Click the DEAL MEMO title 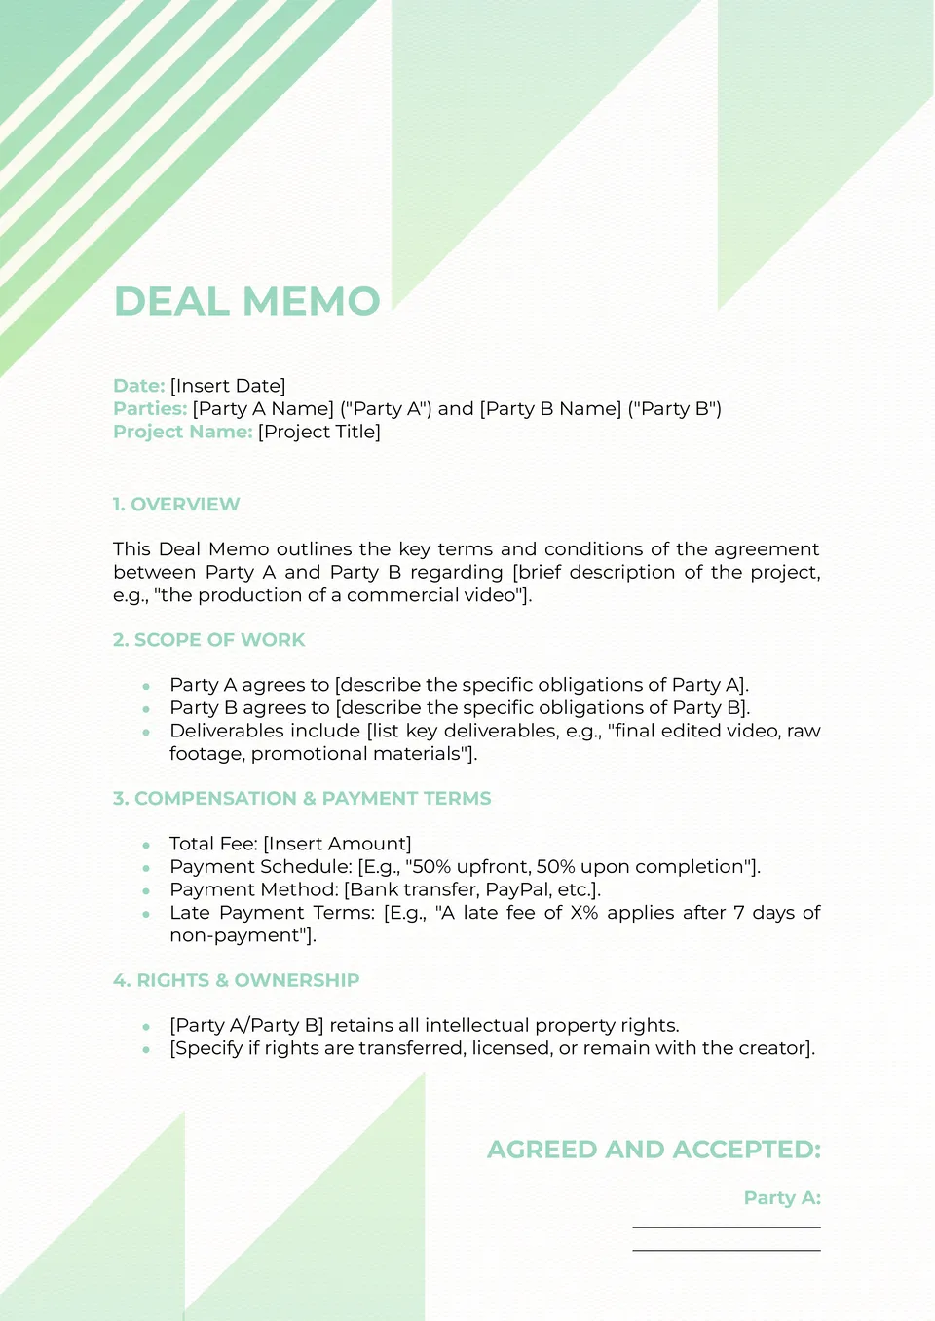pyautogui.click(x=247, y=301)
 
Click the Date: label pyautogui.click(x=138, y=386)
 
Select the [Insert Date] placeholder pyautogui.click(x=228, y=386)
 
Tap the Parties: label pyautogui.click(x=150, y=409)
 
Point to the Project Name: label pyautogui.click(x=183, y=432)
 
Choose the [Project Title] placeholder pyautogui.click(x=319, y=432)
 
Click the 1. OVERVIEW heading pyautogui.click(x=176, y=505)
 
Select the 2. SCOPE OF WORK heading pyautogui.click(x=209, y=640)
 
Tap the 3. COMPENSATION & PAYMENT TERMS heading pyautogui.click(x=302, y=799)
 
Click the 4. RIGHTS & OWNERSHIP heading pyautogui.click(x=237, y=980)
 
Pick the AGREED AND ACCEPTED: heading pyautogui.click(x=654, y=1150)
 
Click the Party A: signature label pyautogui.click(x=782, y=1198)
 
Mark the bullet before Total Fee pyautogui.click(x=146, y=845)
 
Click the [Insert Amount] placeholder pyautogui.click(x=337, y=844)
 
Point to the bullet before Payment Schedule pyautogui.click(x=146, y=868)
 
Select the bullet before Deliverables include pyautogui.click(x=146, y=732)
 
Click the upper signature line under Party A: pyautogui.click(x=727, y=1227)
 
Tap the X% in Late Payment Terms pyautogui.click(x=584, y=913)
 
